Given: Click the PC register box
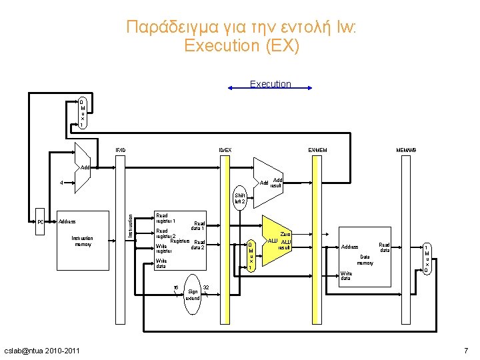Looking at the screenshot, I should pyautogui.click(x=41, y=221).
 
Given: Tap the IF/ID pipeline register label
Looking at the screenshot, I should pyautogui.click(x=120, y=149).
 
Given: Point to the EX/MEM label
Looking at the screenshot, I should pyautogui.click(x=317, y=149).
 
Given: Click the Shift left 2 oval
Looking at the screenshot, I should pyautogui.click(x=240, y=198).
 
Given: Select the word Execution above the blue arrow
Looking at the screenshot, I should pyautogui.click(x=270, y=84).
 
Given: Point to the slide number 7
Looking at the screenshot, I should pyautogui.click(x=466, y=351).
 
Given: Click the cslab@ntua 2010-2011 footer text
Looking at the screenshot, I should pyautogui.click(x=41, y=351).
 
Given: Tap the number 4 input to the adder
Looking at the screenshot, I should pyautogui.click(x=61, y=182).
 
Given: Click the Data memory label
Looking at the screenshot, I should pyautogui.click(x=365, y=259).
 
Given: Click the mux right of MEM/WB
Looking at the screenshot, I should pyautogui.click(x=427, y=258).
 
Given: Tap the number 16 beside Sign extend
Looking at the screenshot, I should pyautogui.click(x=175, y=288).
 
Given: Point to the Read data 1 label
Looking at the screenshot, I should pyautogui.click(x=199, y=226).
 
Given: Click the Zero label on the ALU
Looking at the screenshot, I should pyautogui.click(x=286, y=234).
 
